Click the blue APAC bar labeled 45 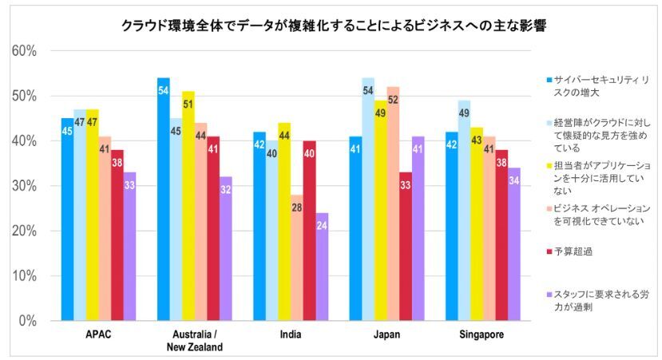(x=68, y=220)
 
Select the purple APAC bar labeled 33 (x=129, y=247)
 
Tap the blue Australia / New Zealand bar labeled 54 (x=164, y=200)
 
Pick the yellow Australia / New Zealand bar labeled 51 (x=188, y=206)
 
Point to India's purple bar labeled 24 (x=322, y=267)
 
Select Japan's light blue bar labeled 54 (x=368, y=200)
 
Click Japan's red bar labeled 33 (x=405, y=247)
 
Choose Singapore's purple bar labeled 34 (x=515, y=244)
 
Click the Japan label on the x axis (x=386, y=334)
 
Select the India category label (x=291, y=334)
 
